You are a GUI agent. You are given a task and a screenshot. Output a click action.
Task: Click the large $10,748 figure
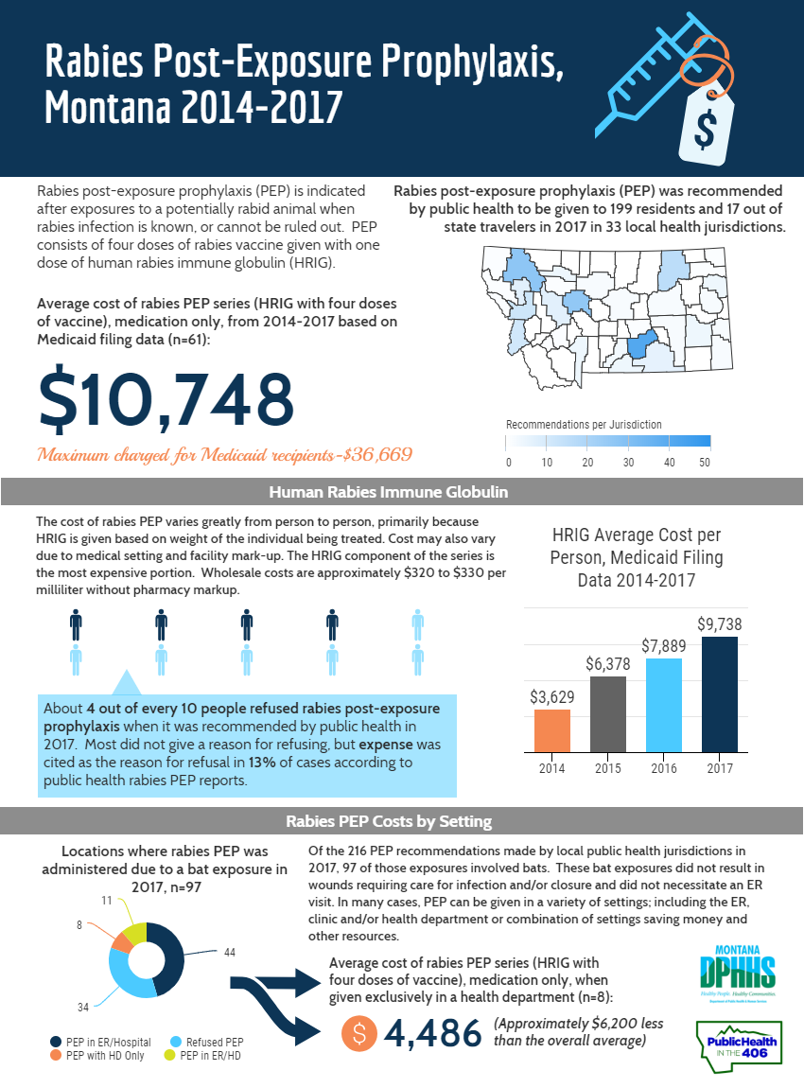[x=166, y=398]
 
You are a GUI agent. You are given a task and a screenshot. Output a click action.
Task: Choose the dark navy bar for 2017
[x=719, y=693]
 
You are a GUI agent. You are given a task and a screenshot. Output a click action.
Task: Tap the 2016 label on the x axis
[x=663, y=767]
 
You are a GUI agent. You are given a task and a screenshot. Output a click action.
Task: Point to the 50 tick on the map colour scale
[x=705, y=463]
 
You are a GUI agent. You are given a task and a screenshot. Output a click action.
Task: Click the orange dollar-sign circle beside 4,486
[x=359, y=1033]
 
